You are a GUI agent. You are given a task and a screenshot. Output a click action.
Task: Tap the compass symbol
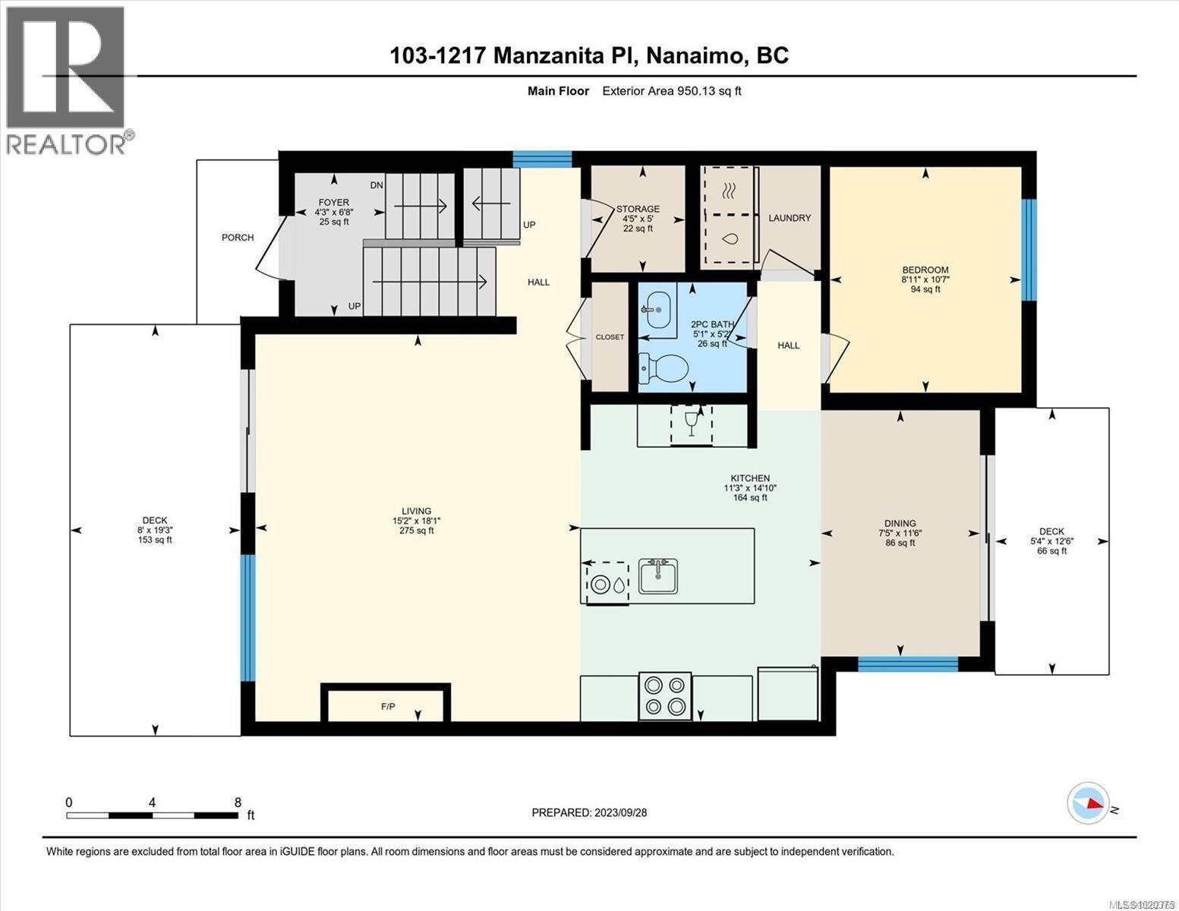click(1088, 802)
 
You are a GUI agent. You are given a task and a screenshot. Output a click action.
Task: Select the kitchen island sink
click(658, 576)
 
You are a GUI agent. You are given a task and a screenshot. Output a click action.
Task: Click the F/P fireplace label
click(388, 707)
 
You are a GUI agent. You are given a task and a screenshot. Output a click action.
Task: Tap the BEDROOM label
click(925, 270)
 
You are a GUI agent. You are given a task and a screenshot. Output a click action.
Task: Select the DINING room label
click(900, 523)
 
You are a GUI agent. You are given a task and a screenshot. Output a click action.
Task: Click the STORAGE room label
click(638, 209)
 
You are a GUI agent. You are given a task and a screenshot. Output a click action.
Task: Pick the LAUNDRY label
click(789, 218)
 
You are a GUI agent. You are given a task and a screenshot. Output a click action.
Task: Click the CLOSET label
click(610, 337)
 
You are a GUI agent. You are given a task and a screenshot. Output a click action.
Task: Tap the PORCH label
click(238, 238)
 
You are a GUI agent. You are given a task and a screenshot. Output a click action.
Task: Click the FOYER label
click(333, 202)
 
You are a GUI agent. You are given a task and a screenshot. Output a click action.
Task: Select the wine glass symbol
click(691, 422)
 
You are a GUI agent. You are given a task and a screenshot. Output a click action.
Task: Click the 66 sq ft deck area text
click(1051, 551)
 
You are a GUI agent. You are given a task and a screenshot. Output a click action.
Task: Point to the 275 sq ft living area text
click(416, 531)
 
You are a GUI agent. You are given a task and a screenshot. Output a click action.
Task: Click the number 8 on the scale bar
click(238, 802)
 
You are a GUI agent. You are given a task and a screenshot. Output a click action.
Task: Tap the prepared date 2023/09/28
click(619, 812)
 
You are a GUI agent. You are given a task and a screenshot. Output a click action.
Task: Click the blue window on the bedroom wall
click(1029, 250)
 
